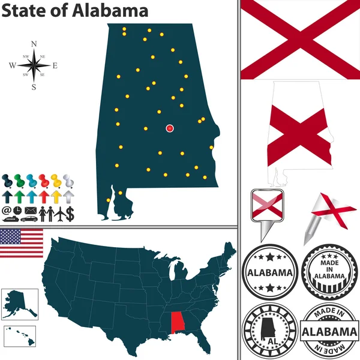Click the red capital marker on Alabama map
(170, 128)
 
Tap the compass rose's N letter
(34, 44)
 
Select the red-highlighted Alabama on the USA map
(178, 323)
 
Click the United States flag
(22, 242)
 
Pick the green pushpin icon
(19, 179)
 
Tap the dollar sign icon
(70, 212)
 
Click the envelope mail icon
(30, 211)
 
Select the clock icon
(17, 211)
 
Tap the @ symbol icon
(7, 211)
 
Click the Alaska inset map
(19, 304)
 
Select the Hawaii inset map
(20, 333)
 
